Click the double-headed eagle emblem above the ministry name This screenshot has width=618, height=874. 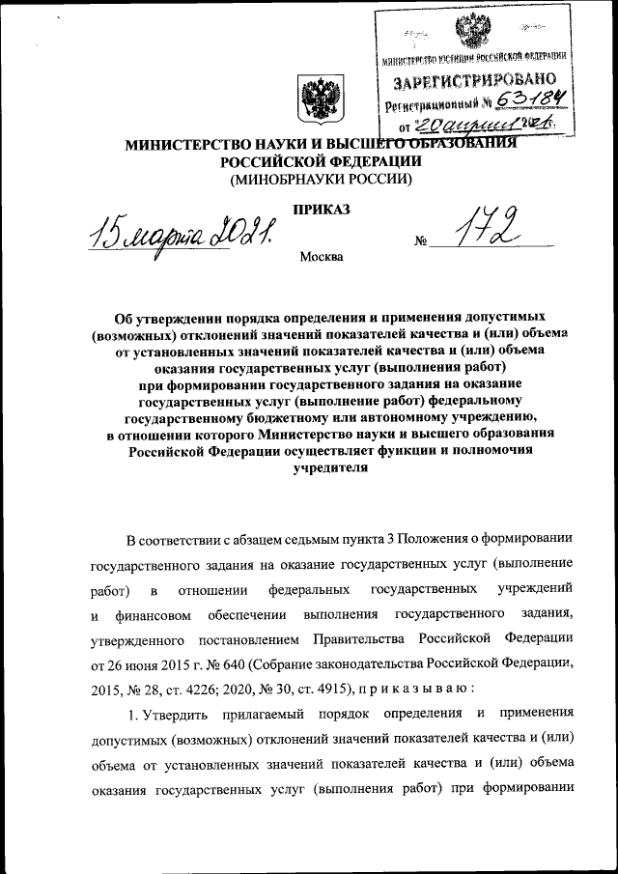click(315, 100)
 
